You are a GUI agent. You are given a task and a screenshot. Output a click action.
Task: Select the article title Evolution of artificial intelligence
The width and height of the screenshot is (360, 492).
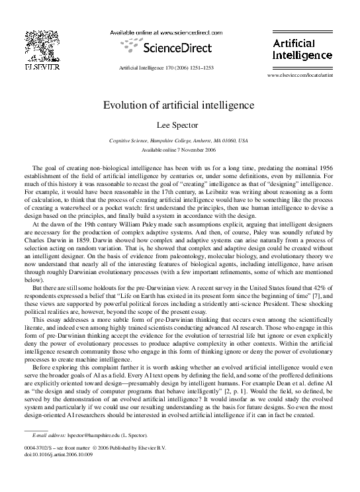coord(178,105)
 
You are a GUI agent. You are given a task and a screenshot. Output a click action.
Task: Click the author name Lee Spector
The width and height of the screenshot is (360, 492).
coord(178,124)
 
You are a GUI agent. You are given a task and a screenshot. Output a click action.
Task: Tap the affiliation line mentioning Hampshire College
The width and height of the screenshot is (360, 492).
coord(178,141)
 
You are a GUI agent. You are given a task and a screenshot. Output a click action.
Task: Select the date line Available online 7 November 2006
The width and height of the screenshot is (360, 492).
coord(178,150)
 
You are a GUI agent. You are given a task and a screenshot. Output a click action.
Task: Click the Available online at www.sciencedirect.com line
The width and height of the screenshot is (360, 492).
coord(165,32)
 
